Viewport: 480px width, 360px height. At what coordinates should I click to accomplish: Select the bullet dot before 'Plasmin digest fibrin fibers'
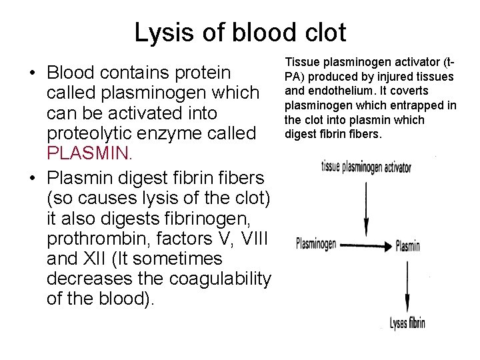pos(31,178)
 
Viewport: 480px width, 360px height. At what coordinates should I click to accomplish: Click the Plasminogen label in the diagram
pos(316,243)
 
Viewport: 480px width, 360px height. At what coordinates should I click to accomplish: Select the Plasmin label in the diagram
pos(407,246)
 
